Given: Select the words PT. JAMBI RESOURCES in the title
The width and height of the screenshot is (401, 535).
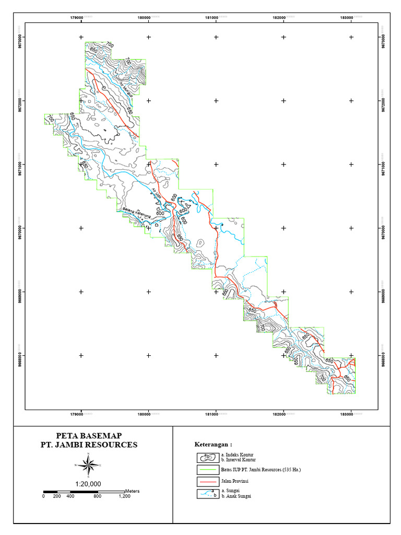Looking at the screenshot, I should pyautogui.click(x=89, y=445).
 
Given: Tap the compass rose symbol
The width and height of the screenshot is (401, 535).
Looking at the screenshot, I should pyautogui.click(x=89, y=464).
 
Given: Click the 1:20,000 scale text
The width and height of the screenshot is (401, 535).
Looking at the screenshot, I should pyautogui.click(x=89, y=484).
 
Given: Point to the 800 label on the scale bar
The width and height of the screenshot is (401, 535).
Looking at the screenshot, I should pyautogui.click(x=97, y=496).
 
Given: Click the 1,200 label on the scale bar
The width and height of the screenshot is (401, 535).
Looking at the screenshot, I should pyautogui.click(x=124, y=496).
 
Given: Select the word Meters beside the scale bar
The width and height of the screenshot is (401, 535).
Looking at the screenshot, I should pyautogui.click(x=132, y=492).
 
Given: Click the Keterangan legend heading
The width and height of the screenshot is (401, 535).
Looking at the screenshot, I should pyautogui.click(x=213, y=445).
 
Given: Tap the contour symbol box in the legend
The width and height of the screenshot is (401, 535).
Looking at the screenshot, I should pyautogui.click(x=208, y=458).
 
